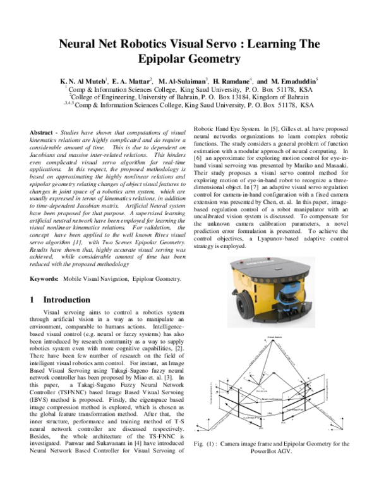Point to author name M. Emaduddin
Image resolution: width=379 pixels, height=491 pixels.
coord(296,82)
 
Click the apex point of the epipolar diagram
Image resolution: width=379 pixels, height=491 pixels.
coord(272,342)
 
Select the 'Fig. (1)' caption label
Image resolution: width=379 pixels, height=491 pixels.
coord(208,444)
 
